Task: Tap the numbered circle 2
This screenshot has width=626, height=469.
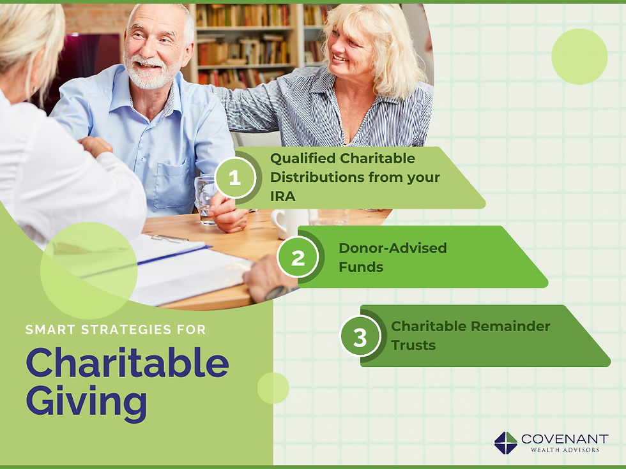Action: [x=297, y=257]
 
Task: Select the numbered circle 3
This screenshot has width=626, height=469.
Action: [x=360, y=336]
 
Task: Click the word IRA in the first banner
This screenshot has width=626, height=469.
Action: [x=282, y=197]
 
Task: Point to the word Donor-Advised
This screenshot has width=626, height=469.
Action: [x=392, y=248]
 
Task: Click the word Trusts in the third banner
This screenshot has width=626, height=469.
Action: [x=413, y=345]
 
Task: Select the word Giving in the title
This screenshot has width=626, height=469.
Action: [x=86, y=401]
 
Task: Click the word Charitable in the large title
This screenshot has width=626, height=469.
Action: [x=127, y=363]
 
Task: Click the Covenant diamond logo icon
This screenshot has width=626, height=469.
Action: [x=505, y=443]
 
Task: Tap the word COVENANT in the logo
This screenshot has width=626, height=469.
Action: [x=564, y=439]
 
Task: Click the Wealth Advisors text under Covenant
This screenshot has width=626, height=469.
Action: [x=564, y=450]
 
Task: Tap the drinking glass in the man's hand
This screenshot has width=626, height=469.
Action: [x=206, y=198]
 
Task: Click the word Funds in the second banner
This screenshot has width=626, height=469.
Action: [x=361, y=267]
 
